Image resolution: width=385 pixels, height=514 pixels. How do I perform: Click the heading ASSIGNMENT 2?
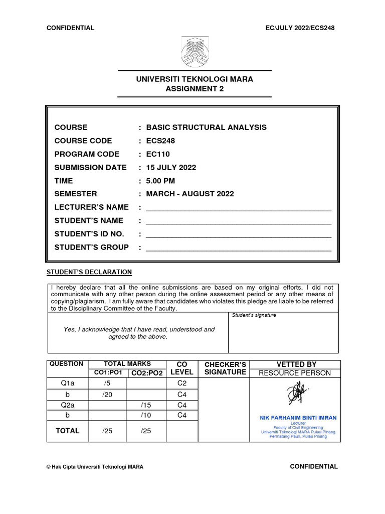[x=195, y=89]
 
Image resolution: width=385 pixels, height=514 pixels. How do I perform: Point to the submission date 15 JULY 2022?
[x=171, y=167]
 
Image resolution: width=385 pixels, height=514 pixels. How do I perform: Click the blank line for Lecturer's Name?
[x=238, y=208]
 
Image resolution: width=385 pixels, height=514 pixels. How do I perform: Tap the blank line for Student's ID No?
[x=238, y=234]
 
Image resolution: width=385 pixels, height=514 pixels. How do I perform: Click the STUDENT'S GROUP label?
[x=91, y=247]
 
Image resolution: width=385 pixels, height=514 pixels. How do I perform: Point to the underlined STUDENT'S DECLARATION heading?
[x=89, y=272]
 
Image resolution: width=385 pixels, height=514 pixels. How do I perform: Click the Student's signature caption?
[x=253, y=315]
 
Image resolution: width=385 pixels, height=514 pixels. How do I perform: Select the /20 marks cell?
[x=107, y=395]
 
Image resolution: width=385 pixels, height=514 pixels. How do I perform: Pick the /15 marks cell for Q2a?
[x=146, y=405]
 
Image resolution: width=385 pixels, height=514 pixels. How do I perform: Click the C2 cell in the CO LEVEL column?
[x=182, y=384]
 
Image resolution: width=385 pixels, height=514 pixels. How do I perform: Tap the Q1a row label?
[x=67, y=384]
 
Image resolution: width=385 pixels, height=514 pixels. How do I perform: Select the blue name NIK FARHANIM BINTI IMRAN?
[x=298, y=418]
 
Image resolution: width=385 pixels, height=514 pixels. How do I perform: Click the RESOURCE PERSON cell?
[x=294, y=373]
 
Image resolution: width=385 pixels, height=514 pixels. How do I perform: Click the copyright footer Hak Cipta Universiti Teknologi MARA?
[x=95, y=467]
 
